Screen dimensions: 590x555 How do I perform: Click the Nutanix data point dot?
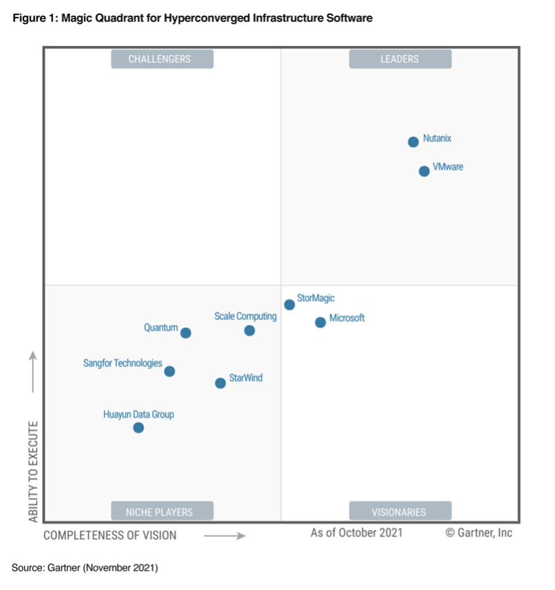pyautogui.click(x=413, y=142)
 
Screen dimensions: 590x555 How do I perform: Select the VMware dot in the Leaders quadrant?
pyautogui.click(x=424, y=171)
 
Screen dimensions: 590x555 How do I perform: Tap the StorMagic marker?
pyautogui.click(x=289, y=304)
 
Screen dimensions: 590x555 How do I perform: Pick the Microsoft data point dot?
pyautogui.click(x=320, y=322)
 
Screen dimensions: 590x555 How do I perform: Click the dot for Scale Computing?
pyautogui.click(x=250, y=330)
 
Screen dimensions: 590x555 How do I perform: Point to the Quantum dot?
pyautogui.click(x=185, y=333)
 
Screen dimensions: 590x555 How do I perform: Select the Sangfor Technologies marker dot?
pyautogui.click(x=170, y=371)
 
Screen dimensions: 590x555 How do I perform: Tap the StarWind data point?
pyautogui.click(x=220, y=383)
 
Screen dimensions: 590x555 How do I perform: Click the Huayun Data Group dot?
pyautogui.click(x=138, y=427)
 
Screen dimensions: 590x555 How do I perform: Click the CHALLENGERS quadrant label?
pyautogui.click(x=162, y=59)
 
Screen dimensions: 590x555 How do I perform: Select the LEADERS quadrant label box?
pyautogui.click(x=400, y=59)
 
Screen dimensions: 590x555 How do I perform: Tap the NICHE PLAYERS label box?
pyautogui.click(x=162, y=511)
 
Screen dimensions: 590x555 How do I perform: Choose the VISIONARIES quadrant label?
pyautogui.click(x=400, y=511)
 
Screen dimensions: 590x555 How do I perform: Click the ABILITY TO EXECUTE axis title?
pyautogui.click(x=33, y=471)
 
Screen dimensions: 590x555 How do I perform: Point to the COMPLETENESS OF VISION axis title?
pyautogui.click(x=110, y=535)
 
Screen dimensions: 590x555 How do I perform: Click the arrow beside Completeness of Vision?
pyautogui.click(x=225, y=536)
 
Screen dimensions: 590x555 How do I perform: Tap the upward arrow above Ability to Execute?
pyautogui.click(x=33, y=371)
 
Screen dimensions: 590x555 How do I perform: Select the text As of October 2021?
pyautogui.click(x=356, y=532)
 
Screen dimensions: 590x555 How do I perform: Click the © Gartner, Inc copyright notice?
pyautogui.click(x=478, y=532)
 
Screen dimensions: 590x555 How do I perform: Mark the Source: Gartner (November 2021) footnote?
pyautogui.click(x=85, y=568)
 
